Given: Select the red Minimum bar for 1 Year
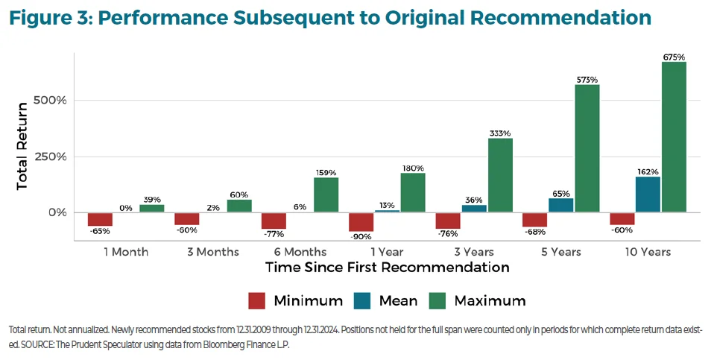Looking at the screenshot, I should [361, 221].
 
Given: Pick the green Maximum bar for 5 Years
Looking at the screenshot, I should [587, 148].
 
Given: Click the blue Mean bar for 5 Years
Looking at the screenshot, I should [560, 205].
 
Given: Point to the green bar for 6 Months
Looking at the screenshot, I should [326, 195].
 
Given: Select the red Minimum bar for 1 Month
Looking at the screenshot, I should [100, 219].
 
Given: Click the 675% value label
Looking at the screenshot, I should [674, 57].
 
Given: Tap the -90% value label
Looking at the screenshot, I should [361, 237].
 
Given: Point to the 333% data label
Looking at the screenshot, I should [500, 133].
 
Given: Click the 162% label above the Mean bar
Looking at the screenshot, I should [648, 171].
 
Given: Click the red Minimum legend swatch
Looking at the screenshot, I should [256, 301].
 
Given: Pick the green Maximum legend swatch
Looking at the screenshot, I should [437, 301].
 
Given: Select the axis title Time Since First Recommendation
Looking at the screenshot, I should [387, 268].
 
